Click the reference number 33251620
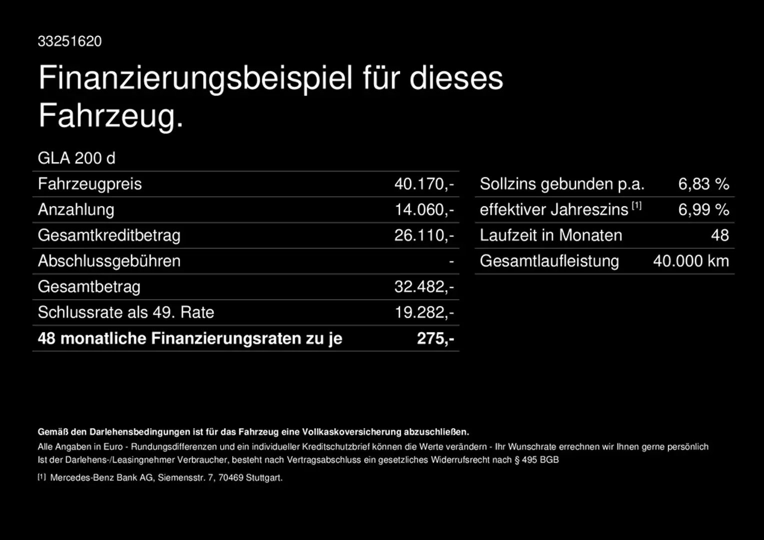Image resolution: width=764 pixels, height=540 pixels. pos(70,41)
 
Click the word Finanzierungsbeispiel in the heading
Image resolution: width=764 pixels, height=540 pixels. pos(196,78)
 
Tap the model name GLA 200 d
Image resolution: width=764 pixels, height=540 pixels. pos(77,158)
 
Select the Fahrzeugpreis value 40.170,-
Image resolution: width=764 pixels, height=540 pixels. pos(424,184)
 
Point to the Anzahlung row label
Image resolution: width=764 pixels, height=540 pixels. pos(76,209)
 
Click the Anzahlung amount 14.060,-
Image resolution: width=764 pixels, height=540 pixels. pos(424,209)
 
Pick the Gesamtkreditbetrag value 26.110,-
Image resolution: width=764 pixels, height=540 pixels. pos(424,235)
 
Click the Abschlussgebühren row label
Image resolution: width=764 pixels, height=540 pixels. pos(109,261)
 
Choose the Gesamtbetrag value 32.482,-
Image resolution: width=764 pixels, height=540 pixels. pos(424,286)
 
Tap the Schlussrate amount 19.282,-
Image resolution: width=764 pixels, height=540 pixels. pos(424,312)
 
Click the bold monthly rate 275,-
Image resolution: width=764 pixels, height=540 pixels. pos(435,338)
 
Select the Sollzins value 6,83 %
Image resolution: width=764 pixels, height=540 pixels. pos(703,184)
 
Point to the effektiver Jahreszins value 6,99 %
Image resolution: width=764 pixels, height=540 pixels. pos(703,209)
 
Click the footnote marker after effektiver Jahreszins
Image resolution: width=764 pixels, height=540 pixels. pos(636,205)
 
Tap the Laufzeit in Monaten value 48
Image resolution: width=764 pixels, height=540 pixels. pos(720,235)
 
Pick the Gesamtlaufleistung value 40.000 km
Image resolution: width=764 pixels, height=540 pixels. pos(691,261)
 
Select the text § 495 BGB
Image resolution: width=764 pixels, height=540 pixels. pos(537,459)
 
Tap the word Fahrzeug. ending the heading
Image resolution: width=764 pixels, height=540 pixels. pos(111,116)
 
